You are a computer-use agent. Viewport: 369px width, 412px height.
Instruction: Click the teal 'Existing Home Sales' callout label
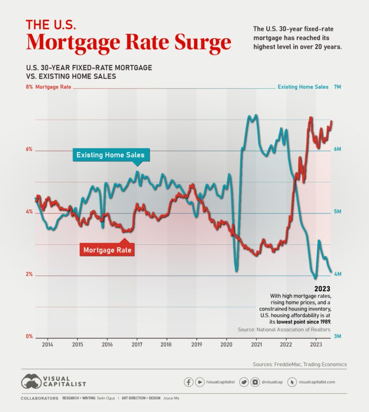[111, 155]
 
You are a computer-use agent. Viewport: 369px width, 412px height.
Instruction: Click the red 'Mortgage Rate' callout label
[107, 250]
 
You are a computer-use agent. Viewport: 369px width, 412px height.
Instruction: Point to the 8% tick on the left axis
[29, 87]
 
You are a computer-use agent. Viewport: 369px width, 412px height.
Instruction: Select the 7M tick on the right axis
[337, 87]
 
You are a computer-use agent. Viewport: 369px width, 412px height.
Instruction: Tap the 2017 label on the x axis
[137, 345]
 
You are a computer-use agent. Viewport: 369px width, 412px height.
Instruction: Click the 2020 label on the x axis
[226, 345]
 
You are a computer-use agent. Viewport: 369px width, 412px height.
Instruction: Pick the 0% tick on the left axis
[29, 337]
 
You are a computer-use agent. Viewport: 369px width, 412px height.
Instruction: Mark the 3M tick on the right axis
[337, 337]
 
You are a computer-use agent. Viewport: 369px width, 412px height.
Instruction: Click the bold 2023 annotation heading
[322, 289]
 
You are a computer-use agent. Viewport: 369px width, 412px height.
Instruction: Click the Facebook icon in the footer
[189, 382]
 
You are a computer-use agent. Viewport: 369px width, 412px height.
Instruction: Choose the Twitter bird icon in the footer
[244, 382]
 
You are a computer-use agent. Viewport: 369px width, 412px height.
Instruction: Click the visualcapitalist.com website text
[317, 382]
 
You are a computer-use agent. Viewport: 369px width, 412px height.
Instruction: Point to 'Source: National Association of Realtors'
[284, 330]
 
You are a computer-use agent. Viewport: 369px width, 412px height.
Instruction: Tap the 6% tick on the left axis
[29, 150]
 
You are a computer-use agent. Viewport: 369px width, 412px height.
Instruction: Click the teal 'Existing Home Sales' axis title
[303, 87]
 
